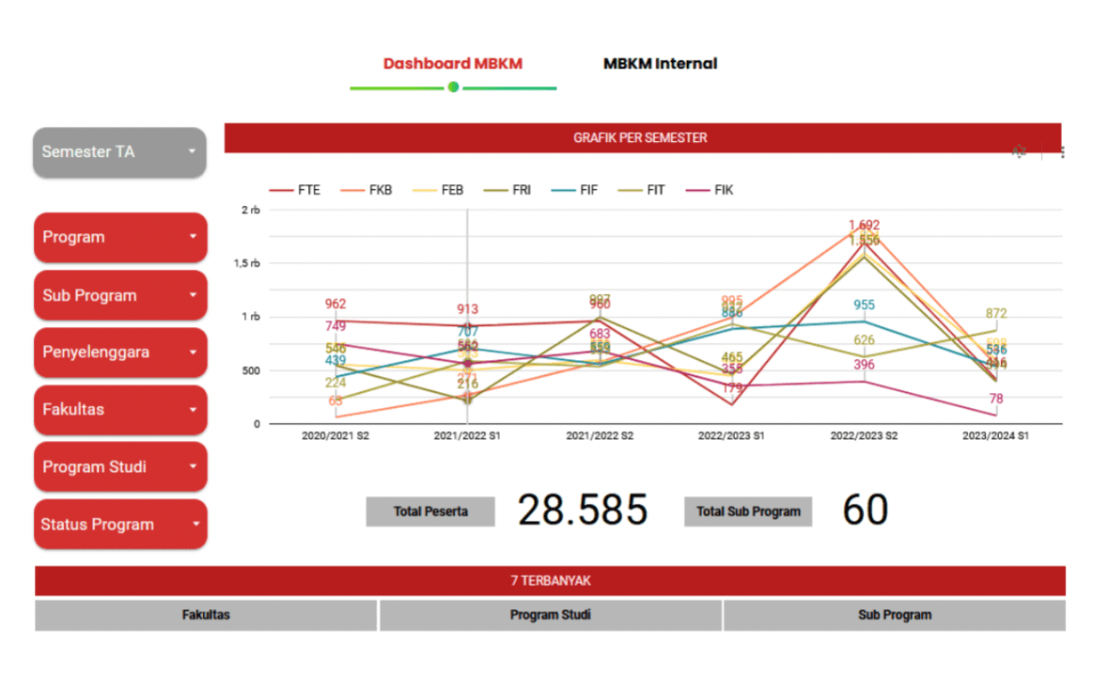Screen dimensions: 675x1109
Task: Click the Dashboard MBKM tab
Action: (452, 64)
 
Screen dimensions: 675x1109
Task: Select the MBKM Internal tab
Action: (660, 64)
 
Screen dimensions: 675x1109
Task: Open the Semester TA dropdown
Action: (119, 151)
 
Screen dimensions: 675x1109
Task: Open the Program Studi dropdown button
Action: (119, 467)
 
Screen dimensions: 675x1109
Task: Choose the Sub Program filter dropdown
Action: (119, 295)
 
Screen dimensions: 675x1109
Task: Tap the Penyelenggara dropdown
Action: (119, 353)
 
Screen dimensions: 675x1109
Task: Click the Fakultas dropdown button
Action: (119, 410)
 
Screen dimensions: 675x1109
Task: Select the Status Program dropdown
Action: (119, 525)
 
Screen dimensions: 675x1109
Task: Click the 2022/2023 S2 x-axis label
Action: (864, 436)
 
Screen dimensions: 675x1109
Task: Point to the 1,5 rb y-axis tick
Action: (246, 263)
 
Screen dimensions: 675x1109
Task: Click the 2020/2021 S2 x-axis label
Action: (336, 436)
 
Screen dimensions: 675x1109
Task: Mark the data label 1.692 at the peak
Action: (864, 225)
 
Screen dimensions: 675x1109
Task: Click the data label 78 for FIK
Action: (996, 399)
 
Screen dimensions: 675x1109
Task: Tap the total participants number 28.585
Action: (583, 510)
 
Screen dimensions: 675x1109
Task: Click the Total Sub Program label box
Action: (748, 511)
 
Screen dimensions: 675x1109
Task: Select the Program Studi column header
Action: (551, 615)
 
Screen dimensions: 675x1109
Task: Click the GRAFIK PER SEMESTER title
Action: (640, 137)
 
